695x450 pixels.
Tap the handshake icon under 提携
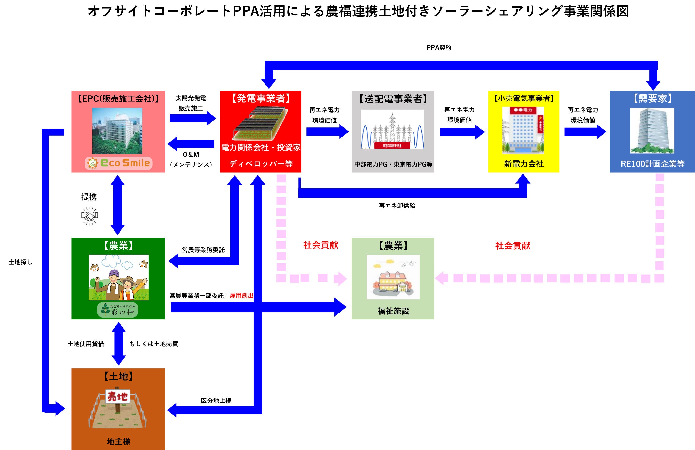tap(89, 216)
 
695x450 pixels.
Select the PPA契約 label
tap(439, 48)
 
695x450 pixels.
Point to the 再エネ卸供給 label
tap(397, 206)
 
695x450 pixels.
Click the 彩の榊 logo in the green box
tap(118, 310)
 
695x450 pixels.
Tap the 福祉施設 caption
tap(393, 311)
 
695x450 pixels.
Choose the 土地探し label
tap(20, 262)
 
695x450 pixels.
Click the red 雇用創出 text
tap(241, 295)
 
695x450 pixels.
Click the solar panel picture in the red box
tap(260, 123)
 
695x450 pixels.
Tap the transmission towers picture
tap(392, 129)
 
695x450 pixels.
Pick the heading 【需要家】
tap(652, 98)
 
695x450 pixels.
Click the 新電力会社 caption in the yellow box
tap(524, 164)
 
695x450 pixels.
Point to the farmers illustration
tap(119, 277)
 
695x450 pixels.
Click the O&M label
tap(191, 155)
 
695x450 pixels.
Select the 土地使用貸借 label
tap(86, 344)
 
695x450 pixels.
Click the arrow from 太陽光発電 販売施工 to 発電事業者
tap(192, 118)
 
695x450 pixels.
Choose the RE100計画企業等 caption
tap(652, 164)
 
